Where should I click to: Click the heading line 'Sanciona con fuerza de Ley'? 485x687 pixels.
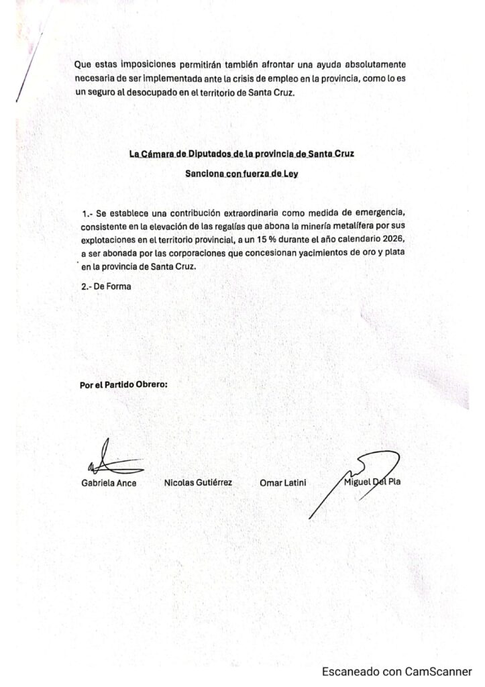click(x=241, y=173)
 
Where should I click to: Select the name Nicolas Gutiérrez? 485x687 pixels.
click(x=198, y=482)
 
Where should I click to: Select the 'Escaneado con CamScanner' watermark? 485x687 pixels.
click(x=396, y=672)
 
